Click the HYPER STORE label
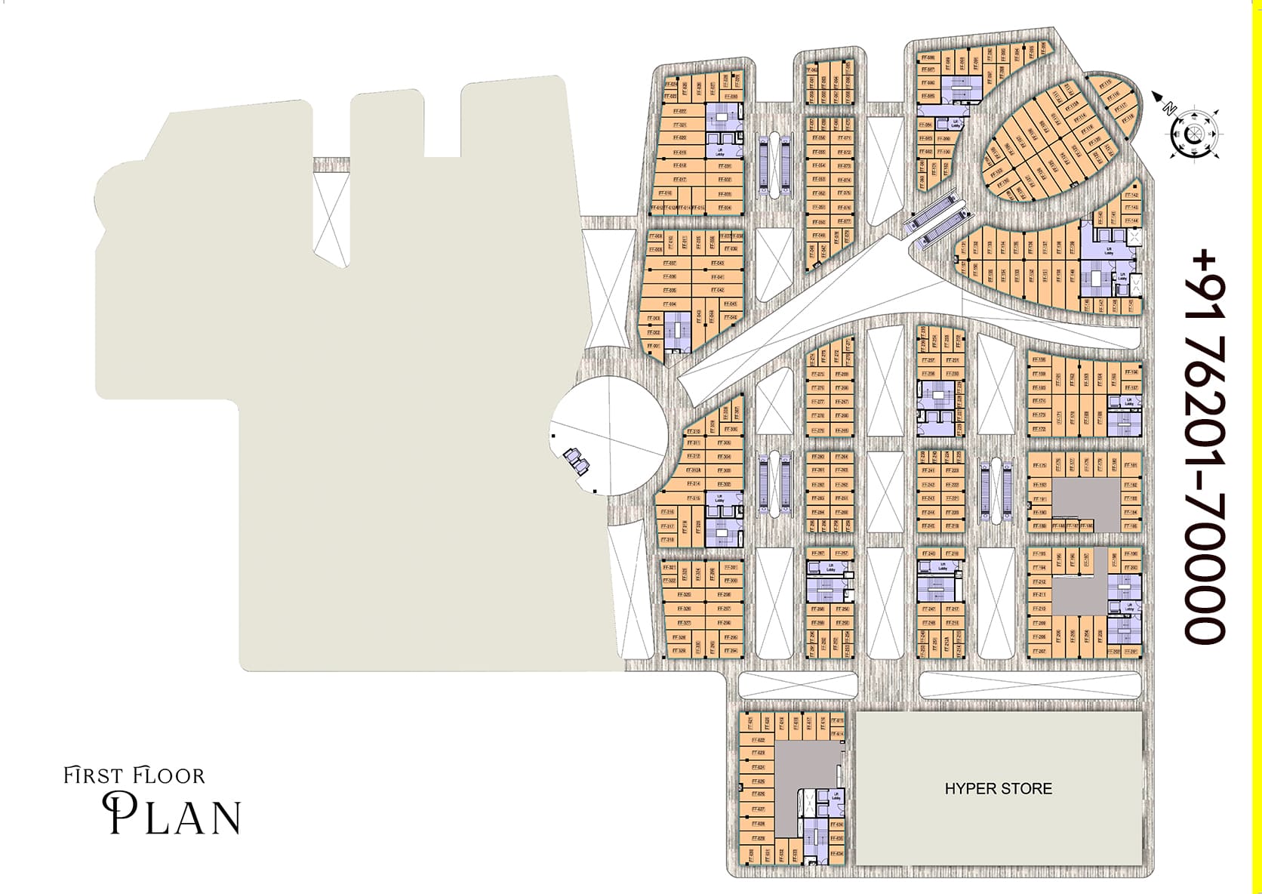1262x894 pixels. [998, 789]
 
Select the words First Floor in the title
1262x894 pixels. [134, 775]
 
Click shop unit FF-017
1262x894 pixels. [679, 180]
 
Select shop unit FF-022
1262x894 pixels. [679, 111]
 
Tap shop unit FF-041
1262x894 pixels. [717, 277]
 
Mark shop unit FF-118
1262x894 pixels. [1128, 118]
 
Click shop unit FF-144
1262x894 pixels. [1131, 220]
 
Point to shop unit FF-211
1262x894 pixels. [1039, 595]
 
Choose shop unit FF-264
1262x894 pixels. [842, 457]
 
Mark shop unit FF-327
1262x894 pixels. [685, 623]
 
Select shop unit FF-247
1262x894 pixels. [929, 609]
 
